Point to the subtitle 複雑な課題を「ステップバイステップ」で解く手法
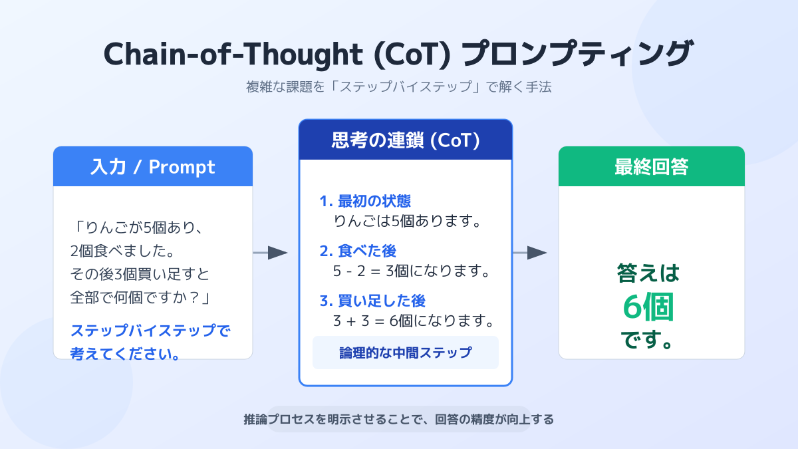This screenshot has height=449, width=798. (x=399, y=87)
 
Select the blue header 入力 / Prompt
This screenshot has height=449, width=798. (x=153, y=166)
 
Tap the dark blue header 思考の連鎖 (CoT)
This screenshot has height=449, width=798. (x=406, y=140)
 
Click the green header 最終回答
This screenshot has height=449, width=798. (x=651, y=166)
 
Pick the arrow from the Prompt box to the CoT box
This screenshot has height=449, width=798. (x=271, y=253)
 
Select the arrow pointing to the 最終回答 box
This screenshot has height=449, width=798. (x=530, y=253)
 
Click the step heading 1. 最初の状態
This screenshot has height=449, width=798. (x=370, y=202)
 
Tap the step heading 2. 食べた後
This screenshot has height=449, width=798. (x=358, y=251)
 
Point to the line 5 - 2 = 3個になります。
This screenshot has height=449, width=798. (x=412, y=271)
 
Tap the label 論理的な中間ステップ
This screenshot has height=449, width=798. (x=406, y=353)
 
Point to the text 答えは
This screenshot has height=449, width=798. (x=648, y=273)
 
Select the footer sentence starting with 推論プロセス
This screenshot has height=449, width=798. (x=399, y=420)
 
